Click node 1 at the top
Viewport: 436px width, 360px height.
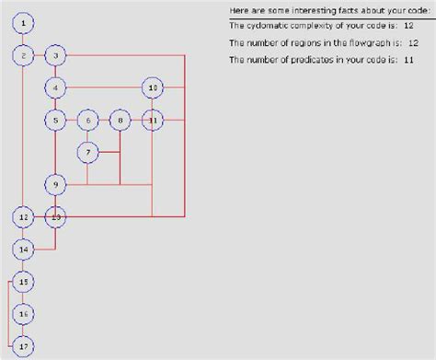[25, 22]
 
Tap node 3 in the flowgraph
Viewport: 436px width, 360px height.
[56, 56]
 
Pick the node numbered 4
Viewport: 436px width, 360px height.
[56, 88]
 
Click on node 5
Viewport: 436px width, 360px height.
[56, 120]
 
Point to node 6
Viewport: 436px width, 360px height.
[87, 120]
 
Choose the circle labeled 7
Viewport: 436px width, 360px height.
[87, 152]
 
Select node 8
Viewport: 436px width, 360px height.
[120, 120]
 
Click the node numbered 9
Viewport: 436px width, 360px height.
[56, 185]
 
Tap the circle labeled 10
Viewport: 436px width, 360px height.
[153, 88]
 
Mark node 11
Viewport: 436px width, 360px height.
[153, 120]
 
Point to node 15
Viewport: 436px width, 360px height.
[25, 282]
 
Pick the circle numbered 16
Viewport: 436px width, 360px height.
[25, 314]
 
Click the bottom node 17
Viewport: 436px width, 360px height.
[25, 346]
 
